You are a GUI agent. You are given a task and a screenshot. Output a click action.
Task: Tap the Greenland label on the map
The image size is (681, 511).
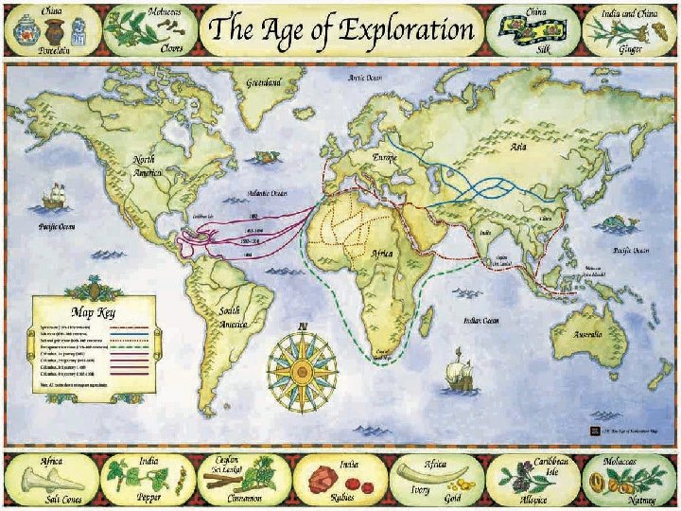(x=265, y=83)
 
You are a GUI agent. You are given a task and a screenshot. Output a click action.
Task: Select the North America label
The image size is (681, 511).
(x=148, y=165)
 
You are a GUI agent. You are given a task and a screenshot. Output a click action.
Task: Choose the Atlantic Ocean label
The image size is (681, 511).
(x=268, y=193)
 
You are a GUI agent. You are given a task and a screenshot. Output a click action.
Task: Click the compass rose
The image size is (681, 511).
(x=303, y=364)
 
